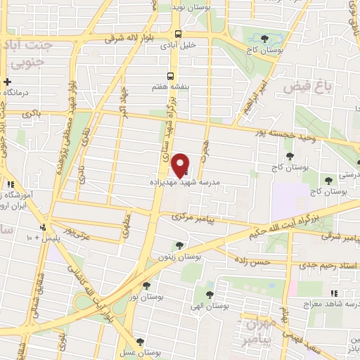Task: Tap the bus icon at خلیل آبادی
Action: click(178, 34)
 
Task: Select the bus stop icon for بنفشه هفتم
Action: click(169, 77)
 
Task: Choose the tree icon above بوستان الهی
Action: click(209, 294)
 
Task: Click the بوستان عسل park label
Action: click(141, 352)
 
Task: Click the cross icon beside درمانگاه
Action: click(6, 82)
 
